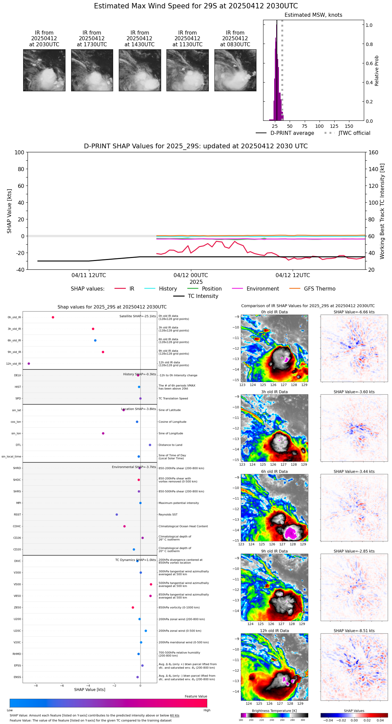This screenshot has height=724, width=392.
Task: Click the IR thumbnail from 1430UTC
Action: tap(140, 70)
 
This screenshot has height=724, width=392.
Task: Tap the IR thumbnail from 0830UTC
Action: tap(235, 70)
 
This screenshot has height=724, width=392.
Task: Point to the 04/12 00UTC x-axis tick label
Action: tap(191, 275)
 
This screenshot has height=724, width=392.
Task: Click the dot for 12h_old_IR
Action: tap(29, 364)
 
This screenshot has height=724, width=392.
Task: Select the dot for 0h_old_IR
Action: tap(53, 317)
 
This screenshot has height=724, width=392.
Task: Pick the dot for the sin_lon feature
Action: tap(103, 433)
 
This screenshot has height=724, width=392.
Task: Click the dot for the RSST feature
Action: tap(117, 515)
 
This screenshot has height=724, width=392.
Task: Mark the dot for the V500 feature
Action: tap(151, 584)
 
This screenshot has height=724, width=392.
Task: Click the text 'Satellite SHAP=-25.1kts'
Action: tap(138, 316)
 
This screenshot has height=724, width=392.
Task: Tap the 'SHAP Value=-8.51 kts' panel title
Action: tap(354, 631)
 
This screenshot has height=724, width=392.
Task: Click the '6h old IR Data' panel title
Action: tap(274, 471)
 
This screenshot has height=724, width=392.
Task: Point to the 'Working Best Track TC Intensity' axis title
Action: tap(382, 211)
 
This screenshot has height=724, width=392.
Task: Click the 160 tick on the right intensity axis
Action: tap(374, 153)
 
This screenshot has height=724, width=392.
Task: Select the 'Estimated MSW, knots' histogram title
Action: tap(313, 15)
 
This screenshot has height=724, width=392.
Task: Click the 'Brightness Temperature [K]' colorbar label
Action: tap(274, 711)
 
